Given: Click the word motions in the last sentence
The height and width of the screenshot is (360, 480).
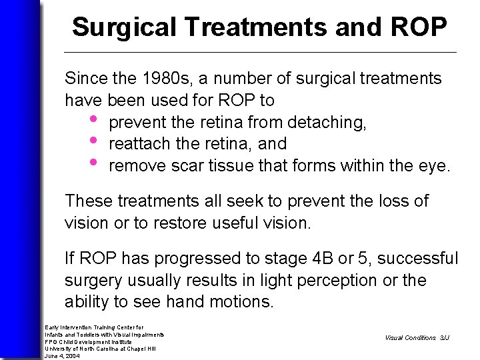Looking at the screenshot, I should click(x=239, y=302).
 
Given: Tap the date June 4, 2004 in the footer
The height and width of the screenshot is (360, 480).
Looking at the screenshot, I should click(x=62, y=356).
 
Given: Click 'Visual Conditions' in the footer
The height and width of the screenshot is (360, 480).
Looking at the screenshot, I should click(x=410, y=338).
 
